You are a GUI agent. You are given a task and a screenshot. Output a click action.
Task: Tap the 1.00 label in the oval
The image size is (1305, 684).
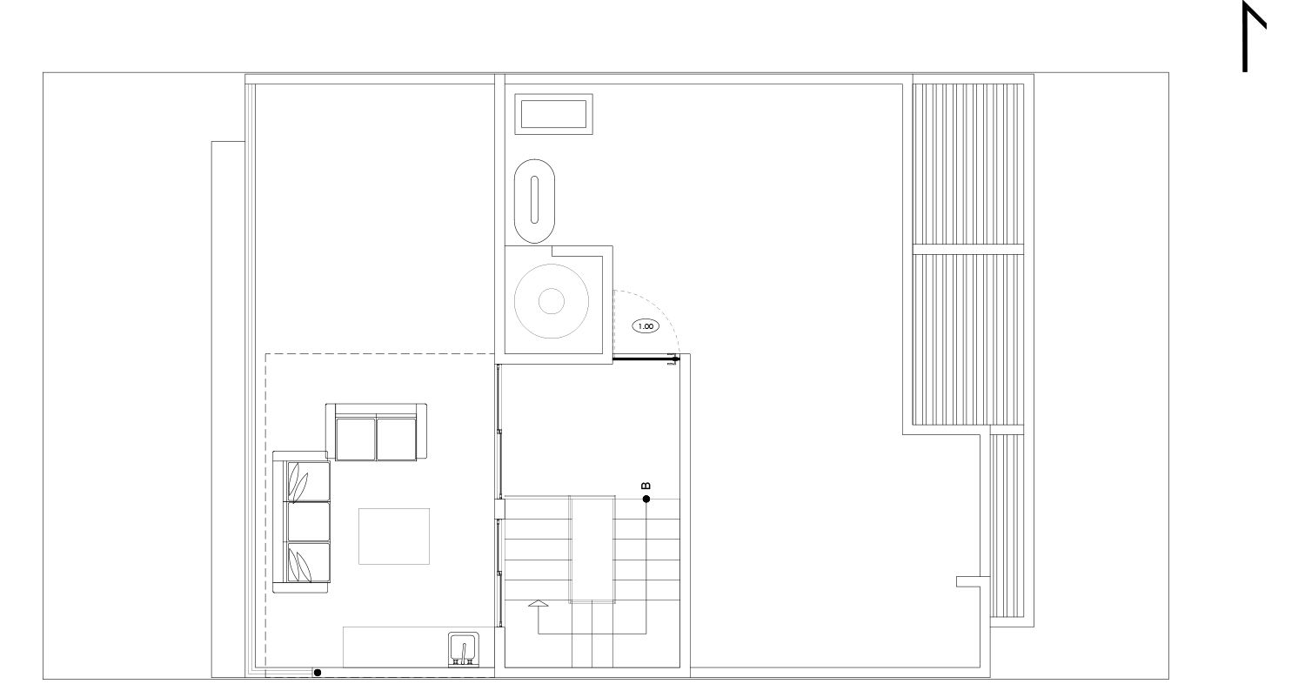(646, 326)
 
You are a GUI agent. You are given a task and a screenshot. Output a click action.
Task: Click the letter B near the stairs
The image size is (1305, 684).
(646, 486)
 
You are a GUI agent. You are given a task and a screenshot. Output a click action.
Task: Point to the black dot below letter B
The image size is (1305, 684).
(646, 499)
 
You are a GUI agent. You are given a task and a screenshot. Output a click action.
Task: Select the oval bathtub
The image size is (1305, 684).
(534, 200)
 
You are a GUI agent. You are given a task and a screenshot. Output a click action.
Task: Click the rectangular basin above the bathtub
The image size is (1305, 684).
(553, 114)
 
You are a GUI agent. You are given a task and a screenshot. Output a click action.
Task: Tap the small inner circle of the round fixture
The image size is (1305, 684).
(551, 301)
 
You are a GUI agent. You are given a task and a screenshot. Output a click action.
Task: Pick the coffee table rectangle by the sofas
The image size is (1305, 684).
(394, 536)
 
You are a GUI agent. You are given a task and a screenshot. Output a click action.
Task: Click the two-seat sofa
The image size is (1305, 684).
(377, 432)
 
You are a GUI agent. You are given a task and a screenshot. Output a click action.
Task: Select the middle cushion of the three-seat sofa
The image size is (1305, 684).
(309, 521)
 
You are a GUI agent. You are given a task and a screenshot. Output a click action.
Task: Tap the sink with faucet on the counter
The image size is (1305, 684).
(464, 649)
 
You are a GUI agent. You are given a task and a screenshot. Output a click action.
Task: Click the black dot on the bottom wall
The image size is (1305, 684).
(318, 673)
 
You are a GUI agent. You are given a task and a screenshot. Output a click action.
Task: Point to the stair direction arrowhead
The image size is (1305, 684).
(539, 603)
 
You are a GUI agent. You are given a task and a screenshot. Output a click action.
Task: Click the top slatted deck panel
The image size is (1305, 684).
(967, 164)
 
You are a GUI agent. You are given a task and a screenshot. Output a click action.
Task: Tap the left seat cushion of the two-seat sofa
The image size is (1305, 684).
(356, 439)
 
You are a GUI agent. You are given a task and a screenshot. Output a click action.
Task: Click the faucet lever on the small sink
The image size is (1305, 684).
(464, 650)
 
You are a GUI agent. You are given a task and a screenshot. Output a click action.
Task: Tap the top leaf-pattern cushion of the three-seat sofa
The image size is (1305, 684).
(309, 481)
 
